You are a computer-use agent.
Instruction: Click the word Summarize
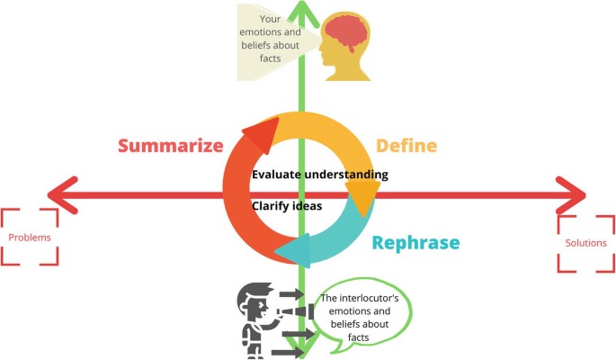(x=170, y=146)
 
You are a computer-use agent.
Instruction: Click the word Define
(x=406, y=146)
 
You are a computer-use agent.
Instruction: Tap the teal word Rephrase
(x=415, y=243)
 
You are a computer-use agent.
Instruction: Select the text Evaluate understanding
(x=319, y=175)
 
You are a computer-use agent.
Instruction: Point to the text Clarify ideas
(x=287, y=205)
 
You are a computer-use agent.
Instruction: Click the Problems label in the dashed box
(x=30, y=238)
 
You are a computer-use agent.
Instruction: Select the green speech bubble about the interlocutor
(x=364, y=317)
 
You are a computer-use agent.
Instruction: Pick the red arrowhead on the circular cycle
(x=259, y=135)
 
